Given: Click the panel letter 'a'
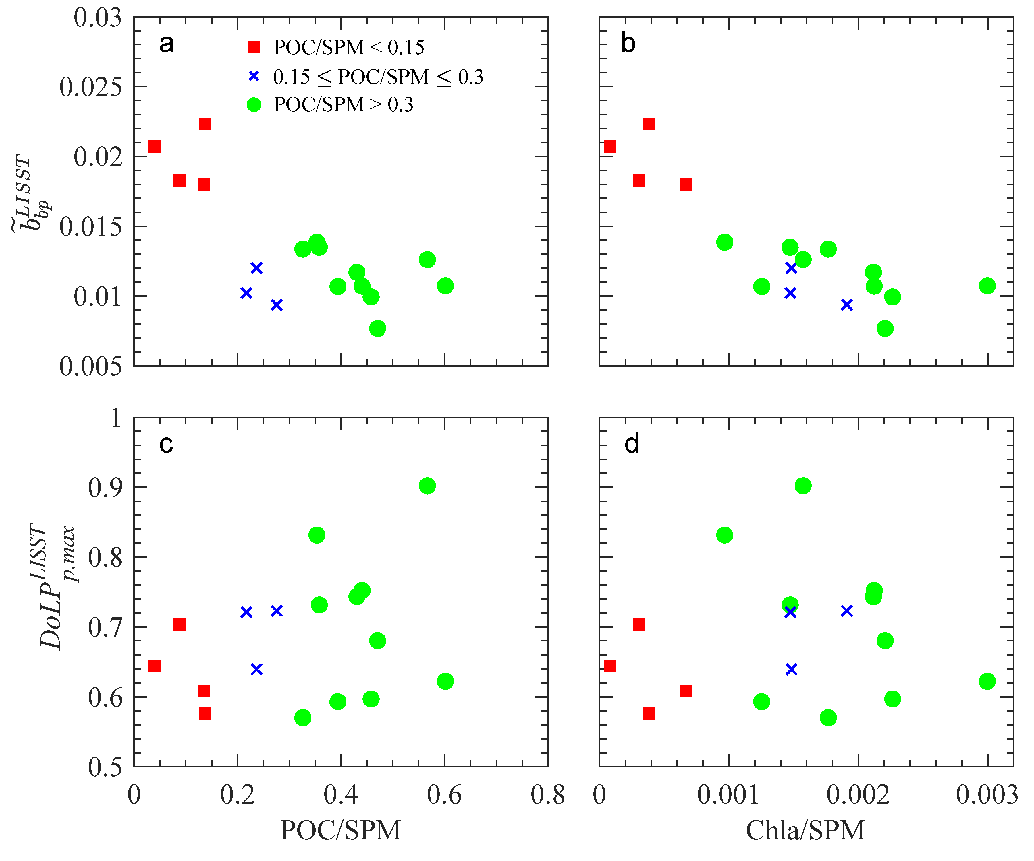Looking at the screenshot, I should click(x=166, y=44).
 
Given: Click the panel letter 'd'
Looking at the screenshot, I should click(x=632, y=444).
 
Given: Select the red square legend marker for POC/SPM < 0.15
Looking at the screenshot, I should click(x=254, y=47).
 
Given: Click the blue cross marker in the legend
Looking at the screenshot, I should click(x=254, y=76).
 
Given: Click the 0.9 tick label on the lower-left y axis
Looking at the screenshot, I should click(x=105, y=488).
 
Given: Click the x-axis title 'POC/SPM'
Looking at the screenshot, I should click(x=340, y=831).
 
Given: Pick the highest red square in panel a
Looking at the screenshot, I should click(x=205, y=124).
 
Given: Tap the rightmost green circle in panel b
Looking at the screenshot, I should click(x=987, y=285).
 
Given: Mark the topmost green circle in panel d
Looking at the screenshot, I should click(x=802, y=486).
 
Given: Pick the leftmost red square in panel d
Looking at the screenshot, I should click(x=609, y=666).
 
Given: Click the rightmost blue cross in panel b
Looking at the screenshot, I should click(x=846, y=305).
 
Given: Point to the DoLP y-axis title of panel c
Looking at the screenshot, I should click(x=57, y=585).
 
